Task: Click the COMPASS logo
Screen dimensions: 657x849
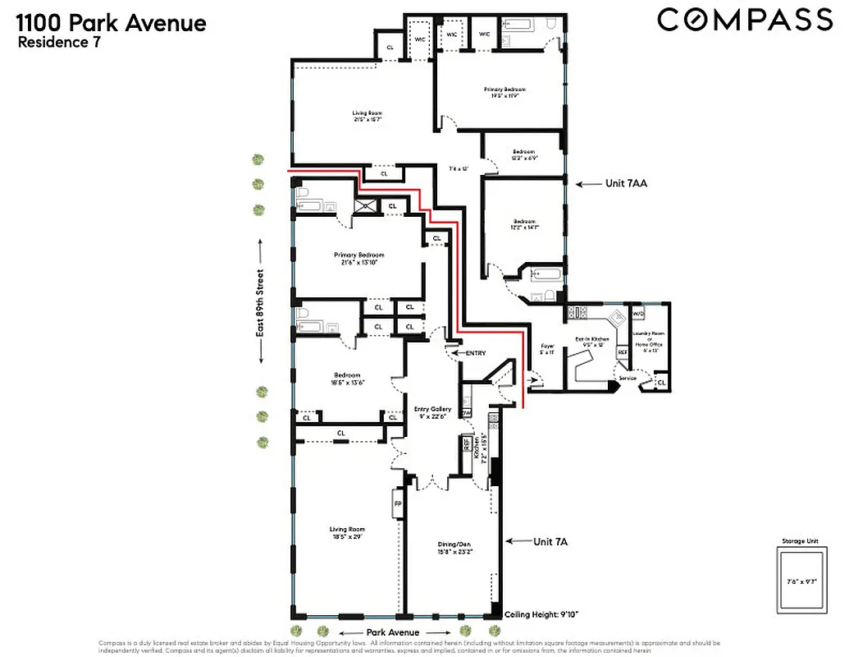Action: [744, 19]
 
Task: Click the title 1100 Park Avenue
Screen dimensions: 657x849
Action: [112, 22]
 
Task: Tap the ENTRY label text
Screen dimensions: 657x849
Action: [475, 353]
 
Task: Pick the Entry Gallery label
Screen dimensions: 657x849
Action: [432, 411]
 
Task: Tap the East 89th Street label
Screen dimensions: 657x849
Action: [260, 301]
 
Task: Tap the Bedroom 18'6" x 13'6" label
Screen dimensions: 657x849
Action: [349, 379]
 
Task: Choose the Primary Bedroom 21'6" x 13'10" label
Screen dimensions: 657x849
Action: [358, 258]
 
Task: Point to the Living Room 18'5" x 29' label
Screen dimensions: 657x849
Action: [347, 532]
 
